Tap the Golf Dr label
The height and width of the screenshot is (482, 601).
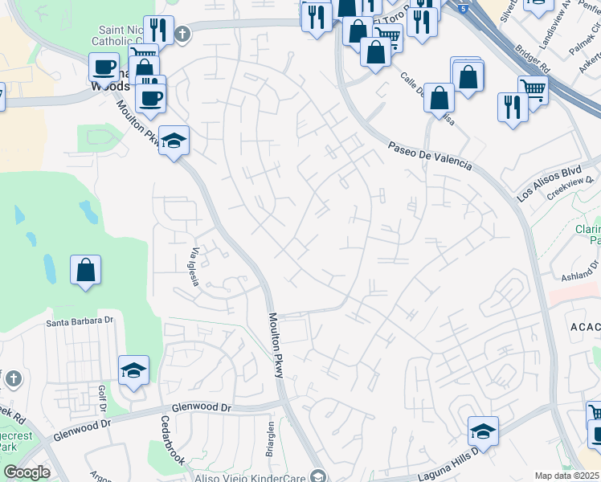click(102, 396)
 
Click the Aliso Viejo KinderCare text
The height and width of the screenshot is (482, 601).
click(249, 477)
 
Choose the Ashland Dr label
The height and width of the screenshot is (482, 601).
click(577, 269)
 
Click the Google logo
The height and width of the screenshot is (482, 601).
click(27, 472)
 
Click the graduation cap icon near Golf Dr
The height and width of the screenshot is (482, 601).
click(134, 370)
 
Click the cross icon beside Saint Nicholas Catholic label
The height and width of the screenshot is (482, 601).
click(183, 34)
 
